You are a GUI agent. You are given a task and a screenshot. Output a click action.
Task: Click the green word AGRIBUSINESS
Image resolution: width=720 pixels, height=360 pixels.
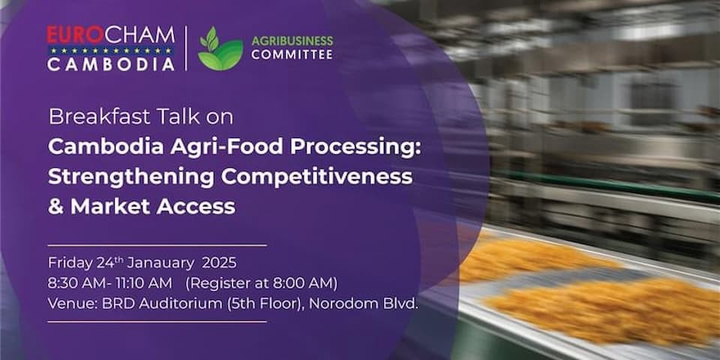point(292,41)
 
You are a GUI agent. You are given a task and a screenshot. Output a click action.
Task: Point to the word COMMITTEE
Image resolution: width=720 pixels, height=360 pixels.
point(292,55)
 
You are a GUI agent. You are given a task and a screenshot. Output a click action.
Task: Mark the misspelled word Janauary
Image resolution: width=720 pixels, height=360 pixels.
point(160,263)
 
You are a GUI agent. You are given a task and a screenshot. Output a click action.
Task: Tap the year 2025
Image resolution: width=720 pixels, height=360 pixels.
point(220,263)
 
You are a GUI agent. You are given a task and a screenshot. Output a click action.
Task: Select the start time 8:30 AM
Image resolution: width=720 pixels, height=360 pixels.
point(76,283)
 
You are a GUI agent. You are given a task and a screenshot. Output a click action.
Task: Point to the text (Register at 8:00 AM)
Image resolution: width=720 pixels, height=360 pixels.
point(261,283)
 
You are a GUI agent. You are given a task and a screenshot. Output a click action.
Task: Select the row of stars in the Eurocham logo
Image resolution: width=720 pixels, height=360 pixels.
point(111,51)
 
